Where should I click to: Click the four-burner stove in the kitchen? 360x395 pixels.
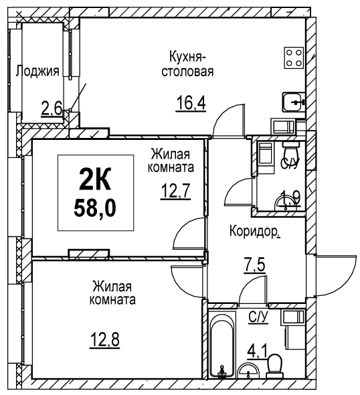click(294, 58)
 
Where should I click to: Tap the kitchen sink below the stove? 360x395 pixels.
click(294, 102)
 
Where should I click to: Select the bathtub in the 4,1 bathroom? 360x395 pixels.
click(221, 345)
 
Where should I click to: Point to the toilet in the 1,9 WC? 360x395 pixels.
click(291, 152)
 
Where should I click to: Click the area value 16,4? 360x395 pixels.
click(191, 104)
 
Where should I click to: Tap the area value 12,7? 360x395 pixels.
click(175, 191)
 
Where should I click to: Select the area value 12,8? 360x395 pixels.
click(105, 340)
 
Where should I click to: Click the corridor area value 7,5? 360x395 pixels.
click(254, 265)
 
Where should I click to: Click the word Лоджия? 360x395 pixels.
click(37, 71)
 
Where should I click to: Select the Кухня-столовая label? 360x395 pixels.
click(187, 64)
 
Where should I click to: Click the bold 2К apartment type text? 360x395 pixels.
click(95, 179)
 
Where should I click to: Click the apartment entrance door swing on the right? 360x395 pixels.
click(336, 275)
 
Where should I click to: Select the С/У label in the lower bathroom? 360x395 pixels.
click(258, 317)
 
